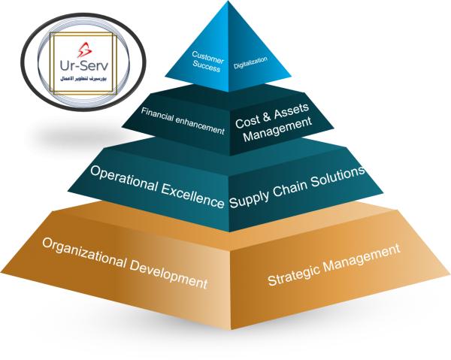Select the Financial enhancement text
[x=183, y=122]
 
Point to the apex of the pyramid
[x=229, y=3]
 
